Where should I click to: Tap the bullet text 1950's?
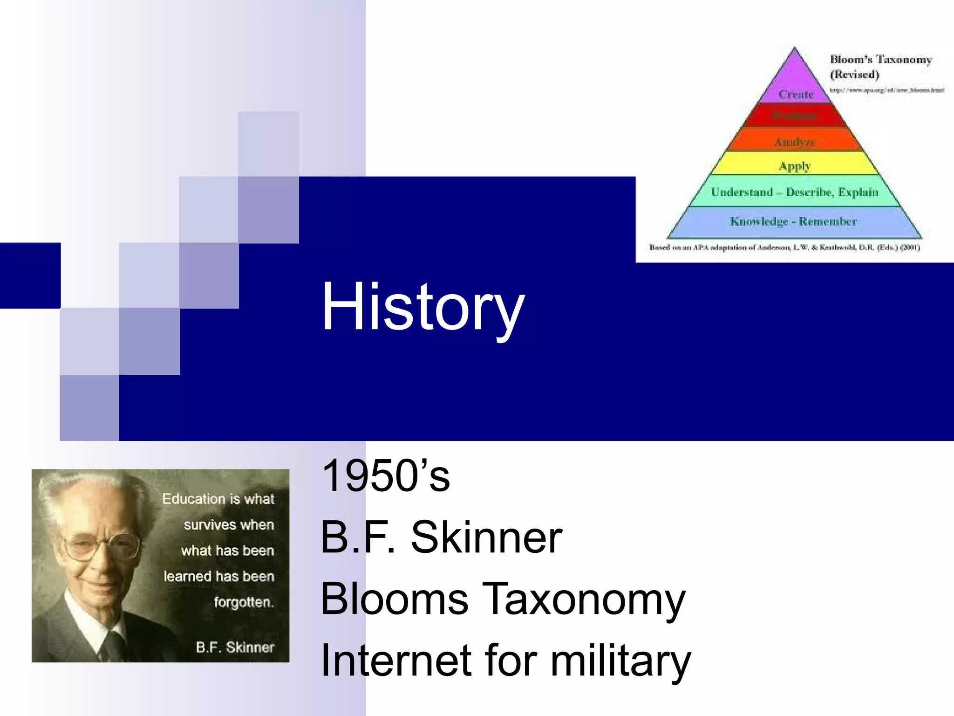386,476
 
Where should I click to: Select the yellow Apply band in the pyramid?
795,164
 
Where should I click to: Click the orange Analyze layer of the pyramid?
795,140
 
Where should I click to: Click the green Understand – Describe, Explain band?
794,192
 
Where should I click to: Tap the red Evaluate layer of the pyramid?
795,116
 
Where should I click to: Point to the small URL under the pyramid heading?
886,90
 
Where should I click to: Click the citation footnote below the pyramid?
784,248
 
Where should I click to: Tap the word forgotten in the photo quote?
243,602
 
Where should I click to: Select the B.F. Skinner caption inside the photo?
235,647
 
